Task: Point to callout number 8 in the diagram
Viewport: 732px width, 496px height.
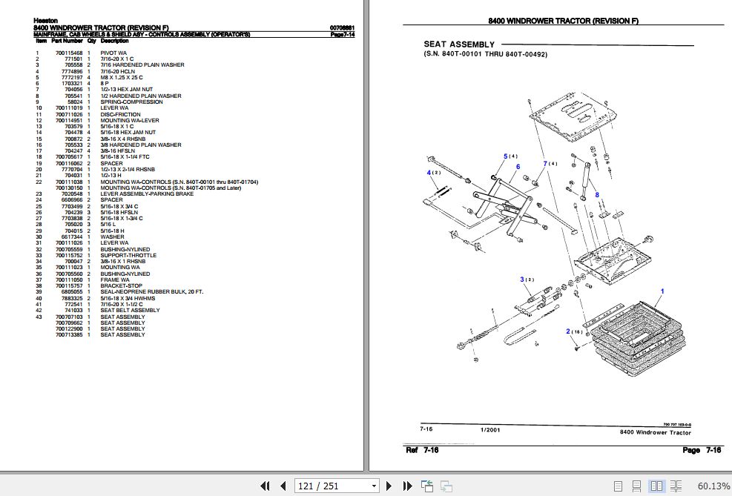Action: [x=596, y=195]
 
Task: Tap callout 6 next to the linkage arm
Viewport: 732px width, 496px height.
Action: [x=518, y=167]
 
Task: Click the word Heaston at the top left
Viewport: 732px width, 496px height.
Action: [x=45, y=21]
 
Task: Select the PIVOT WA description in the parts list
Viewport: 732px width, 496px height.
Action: [x=113, y=53]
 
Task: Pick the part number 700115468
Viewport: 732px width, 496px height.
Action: [x=70, y=53]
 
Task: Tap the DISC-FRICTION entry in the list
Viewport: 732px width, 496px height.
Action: [x=119, y=114]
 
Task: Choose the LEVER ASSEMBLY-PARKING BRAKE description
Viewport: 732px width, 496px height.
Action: [x=148, y=194]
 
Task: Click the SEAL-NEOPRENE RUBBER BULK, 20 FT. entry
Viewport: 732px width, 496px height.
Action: [x=151, y=292]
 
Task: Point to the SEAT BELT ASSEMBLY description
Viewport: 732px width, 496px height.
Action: [x=130, y=311]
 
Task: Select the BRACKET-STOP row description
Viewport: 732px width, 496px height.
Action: [x=122, y=286]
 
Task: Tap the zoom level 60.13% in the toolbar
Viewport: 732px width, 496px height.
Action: [x=713, y=486]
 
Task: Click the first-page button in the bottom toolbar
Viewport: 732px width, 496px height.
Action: [x=265, y=486]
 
